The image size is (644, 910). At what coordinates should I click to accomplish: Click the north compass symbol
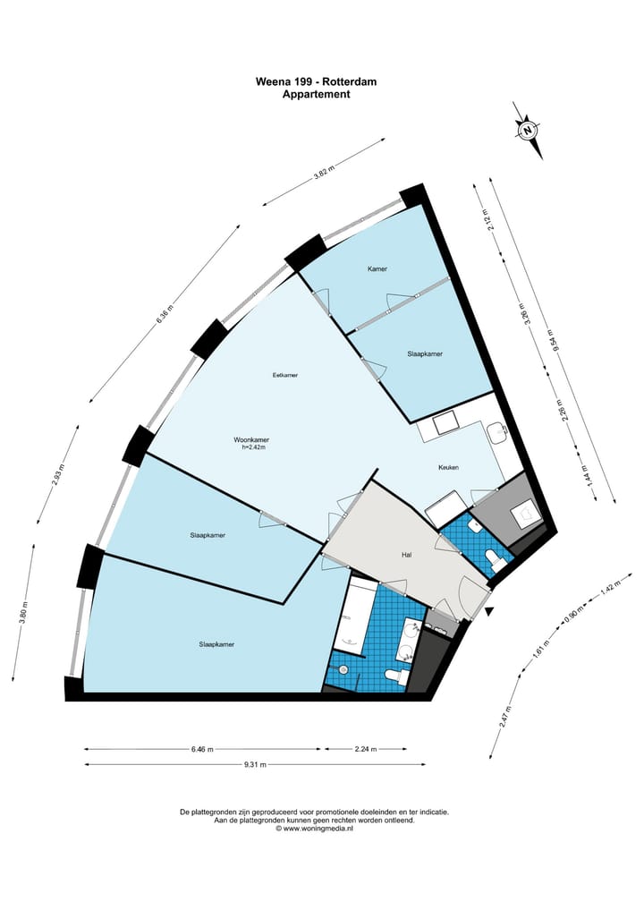(x=528, y=130)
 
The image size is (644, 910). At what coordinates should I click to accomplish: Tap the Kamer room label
(x=377, y=268)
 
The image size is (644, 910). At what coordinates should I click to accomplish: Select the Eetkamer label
(x=285, y=375)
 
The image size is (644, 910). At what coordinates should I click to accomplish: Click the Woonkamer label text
(x=251, y=439)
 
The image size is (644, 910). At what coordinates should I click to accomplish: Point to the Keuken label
(x=448, y=467)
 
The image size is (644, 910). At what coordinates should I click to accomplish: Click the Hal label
(x=407, y=555)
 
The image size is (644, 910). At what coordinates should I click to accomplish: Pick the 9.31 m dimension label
(x=255, y=764)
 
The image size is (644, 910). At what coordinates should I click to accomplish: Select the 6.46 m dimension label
(x=202, y=749)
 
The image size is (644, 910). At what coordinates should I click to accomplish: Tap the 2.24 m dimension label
(x=366, y=749)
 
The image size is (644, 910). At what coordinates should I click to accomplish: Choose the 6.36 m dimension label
(x=165, y=314)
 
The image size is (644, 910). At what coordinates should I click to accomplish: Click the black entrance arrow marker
(x=489, y=611)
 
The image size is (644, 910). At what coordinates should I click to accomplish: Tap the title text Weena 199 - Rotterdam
(x=317, y=81)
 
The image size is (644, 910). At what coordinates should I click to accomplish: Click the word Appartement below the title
(x=317, y=94)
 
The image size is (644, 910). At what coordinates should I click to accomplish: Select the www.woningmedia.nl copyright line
(x=314, y=829)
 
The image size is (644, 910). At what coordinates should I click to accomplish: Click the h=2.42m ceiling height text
(x=253, y=446)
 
